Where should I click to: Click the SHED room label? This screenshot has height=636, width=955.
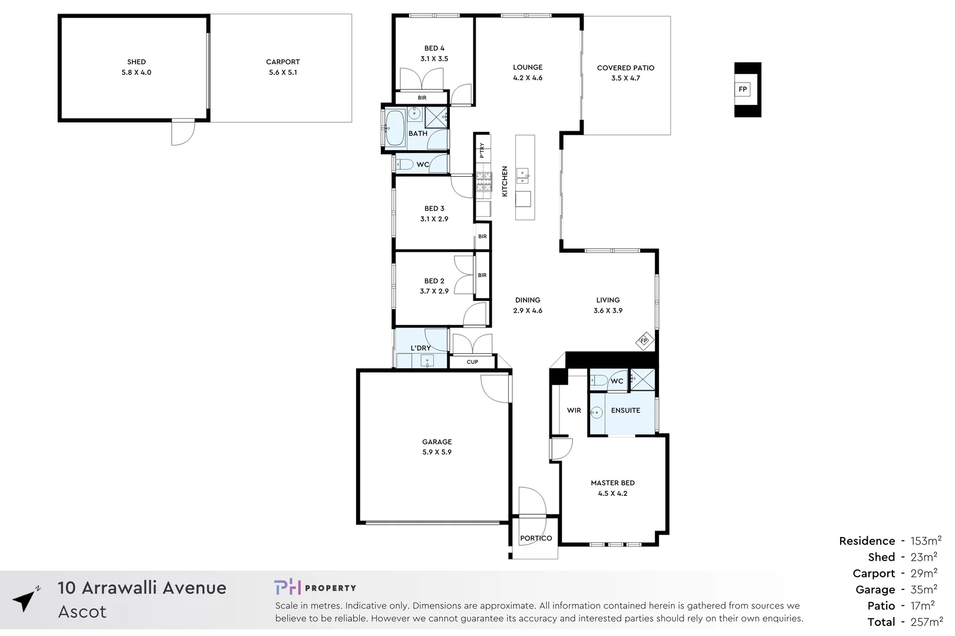click(x=136, y=62)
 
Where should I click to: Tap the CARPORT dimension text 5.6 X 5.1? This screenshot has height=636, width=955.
click(x=283, y=72)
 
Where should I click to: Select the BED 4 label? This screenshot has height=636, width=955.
click(x=434, y=48)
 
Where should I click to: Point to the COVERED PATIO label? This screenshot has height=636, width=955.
click(x=625, y=68)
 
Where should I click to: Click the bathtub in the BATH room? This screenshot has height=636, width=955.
click(x=394, y=127)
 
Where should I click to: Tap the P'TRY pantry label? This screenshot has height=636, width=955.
click(x=482, y=150)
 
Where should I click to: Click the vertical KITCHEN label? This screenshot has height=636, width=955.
click(x=505, y=181)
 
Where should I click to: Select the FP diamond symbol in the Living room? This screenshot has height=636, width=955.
click(x=644, y=341)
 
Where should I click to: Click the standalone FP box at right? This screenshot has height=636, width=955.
click(x=743, y=90)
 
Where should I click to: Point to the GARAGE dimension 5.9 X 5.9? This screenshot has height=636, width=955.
click(x=437, y=452)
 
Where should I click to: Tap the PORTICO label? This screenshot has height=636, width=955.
click(x=536, y=538)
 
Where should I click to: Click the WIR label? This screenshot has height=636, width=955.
click(x=574, y=410)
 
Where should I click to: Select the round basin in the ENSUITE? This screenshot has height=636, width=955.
click(x=597, y=413)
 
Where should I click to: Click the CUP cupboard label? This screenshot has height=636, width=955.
click(x=472, y=362)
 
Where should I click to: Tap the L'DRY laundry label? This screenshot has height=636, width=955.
click(x=420, y=348)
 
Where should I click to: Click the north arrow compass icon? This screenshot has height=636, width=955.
click(x=25, y=600)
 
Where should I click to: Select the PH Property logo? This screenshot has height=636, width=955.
click(x=315, y=587)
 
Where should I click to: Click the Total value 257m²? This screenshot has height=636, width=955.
click(x=926, y=622)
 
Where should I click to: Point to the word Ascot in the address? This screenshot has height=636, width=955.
click(x=83, y=612)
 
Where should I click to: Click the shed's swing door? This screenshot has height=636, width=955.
click(x=183, y=133)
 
